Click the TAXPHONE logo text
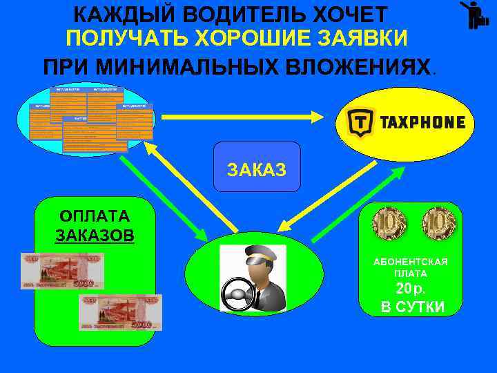point(422,123)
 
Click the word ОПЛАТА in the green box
point(95,215)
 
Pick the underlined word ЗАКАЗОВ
point(95,235)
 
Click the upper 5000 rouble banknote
point(63,271)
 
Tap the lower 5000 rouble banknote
point(120,312)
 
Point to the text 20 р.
point(411,289)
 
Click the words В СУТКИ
point(412,307)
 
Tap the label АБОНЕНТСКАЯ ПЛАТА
point(411,267)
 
